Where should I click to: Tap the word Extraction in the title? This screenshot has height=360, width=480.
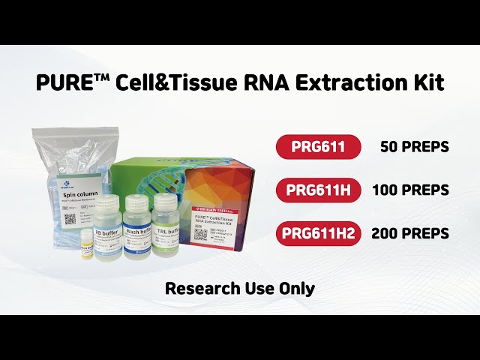(349, 82)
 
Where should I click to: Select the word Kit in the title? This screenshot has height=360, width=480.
(427, 82)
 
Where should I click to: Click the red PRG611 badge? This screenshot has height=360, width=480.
(319, 146)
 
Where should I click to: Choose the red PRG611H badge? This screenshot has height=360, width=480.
(319, 190)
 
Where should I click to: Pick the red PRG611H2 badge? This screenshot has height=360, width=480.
(319, 233)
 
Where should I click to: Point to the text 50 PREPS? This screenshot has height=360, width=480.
(414, 147)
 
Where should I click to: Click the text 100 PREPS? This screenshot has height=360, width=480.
(411, 190)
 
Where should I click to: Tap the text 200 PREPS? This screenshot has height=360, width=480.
(411, 234)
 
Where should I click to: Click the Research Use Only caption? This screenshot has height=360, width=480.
(240, 287)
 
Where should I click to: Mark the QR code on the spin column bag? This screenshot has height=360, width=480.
(70, 220)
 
